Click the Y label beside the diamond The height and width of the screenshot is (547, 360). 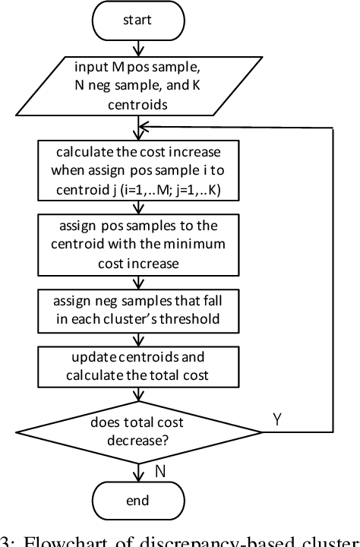278,419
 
